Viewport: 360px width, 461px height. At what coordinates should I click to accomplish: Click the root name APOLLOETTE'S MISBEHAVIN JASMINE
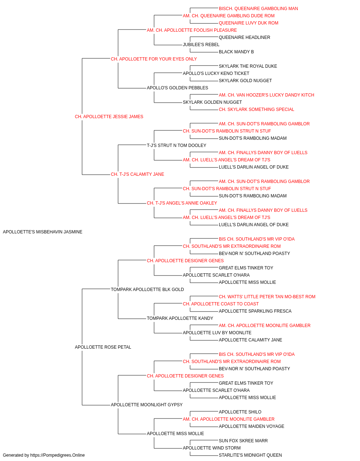coord(42,232)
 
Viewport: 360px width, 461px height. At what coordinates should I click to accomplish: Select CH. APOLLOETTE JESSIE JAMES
coord(109,117)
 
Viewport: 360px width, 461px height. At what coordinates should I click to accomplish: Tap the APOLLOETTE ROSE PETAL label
coord(103,347)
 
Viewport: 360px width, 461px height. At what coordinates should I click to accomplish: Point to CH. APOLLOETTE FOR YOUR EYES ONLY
coord(154,59)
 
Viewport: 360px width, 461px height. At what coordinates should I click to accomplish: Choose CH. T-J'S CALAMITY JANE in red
coord(138,174)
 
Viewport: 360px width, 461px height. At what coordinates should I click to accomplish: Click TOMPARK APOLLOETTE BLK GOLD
coord(147,289)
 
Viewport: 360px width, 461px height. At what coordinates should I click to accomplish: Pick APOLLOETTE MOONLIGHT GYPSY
coord(147,404)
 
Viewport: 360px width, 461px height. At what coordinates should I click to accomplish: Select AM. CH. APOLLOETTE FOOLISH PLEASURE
coord(192,30)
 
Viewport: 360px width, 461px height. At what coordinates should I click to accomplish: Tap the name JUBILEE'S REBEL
coord(201,45)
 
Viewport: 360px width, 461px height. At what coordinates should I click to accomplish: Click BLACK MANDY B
coord(236,52)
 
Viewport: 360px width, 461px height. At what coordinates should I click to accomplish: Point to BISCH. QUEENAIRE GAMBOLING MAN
coord(258,9)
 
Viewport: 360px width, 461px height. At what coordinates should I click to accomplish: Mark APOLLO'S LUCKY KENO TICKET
coord(216,73)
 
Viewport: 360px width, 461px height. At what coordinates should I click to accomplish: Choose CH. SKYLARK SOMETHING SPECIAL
coord(257,109)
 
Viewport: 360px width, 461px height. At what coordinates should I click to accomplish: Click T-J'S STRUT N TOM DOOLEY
coord(177,145)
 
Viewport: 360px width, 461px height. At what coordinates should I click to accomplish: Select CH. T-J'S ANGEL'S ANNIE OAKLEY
coord(182,203)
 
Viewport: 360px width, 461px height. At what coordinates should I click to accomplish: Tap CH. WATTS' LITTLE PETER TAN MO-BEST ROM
coord(267,296)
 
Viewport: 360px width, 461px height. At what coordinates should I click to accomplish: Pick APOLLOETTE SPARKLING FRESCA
coord(255,311)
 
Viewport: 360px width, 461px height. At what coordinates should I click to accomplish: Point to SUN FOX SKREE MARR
coord(243,440)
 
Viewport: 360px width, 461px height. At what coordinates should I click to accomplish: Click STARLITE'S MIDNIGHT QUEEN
coord(251,455)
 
